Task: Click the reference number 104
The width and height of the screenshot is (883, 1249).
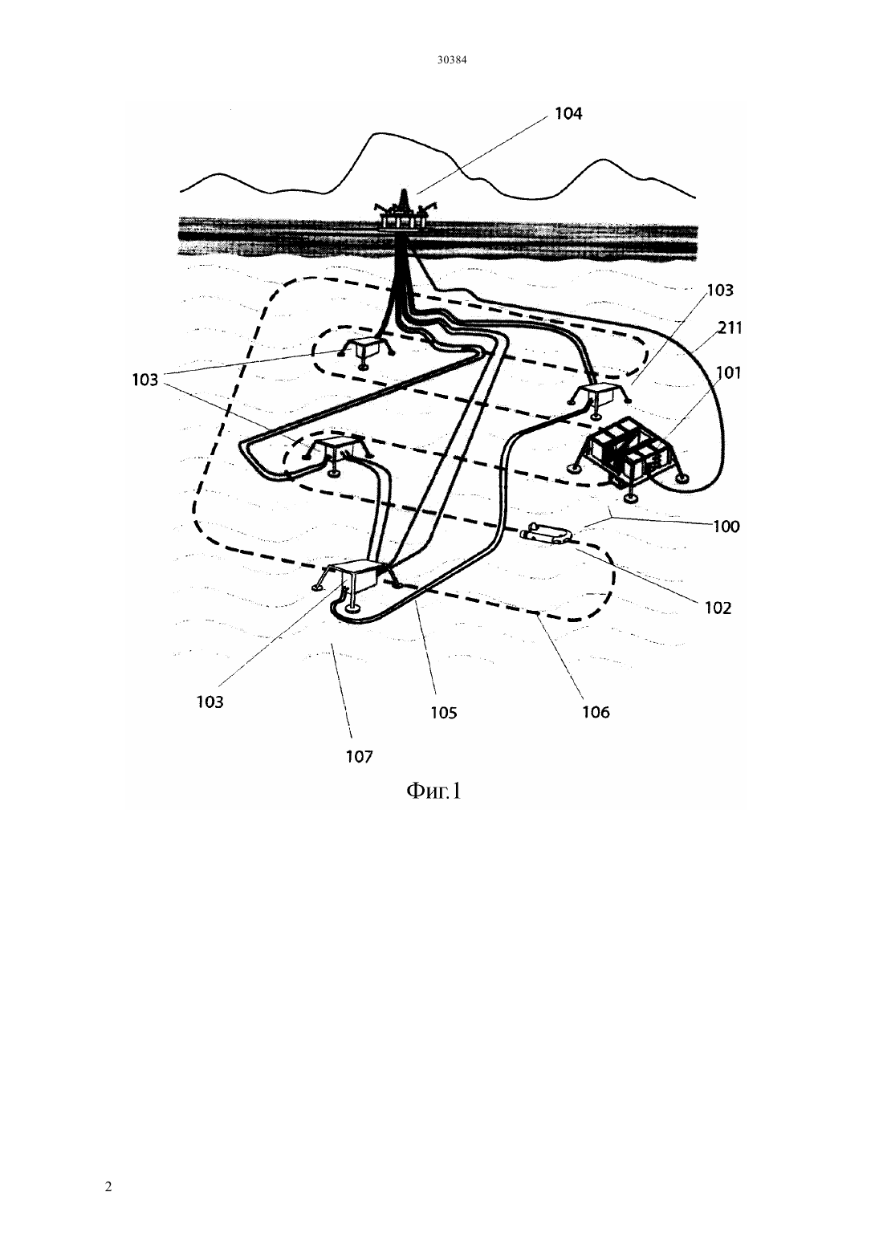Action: (568, 114)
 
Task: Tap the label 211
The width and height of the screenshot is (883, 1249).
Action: (730, 328)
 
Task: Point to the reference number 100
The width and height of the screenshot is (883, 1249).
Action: (726, 527)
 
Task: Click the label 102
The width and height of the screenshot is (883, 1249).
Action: (718, 607)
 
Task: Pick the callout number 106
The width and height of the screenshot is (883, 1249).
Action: (596, 712)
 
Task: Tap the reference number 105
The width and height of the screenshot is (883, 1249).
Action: (444, 713)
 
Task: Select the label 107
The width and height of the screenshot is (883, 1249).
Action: (359, 757)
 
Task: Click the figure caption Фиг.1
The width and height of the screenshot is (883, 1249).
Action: (433, 791)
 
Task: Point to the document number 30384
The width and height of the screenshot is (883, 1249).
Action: (451, 60)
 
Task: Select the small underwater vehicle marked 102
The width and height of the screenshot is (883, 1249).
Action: (547, 532)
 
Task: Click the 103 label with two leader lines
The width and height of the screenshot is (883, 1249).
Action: (145, 380)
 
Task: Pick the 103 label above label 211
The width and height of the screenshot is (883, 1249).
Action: (720, 290)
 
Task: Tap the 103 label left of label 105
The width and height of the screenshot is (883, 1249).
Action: (210, 702)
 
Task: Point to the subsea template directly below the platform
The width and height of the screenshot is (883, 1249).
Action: (366, 352)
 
